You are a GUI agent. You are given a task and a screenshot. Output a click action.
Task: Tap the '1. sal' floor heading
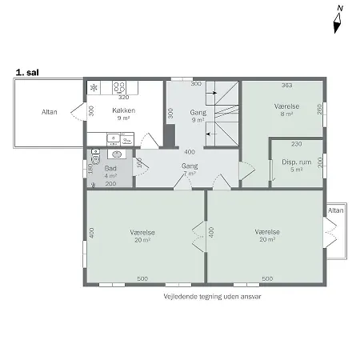click(x=27, y=73)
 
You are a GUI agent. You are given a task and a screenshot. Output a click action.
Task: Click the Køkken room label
click(x=124, y=110)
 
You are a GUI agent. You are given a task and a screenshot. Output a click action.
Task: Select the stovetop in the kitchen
click(x=119, y=87)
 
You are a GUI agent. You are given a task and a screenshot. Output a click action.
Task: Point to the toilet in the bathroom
click(x=95, y=157)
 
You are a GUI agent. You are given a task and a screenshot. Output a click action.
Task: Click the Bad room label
click(x=110, y=168)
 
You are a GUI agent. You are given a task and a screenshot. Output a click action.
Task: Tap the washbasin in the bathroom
click(x=117, y=154)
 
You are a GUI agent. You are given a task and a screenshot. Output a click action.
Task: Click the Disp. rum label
click(x=296, y=162)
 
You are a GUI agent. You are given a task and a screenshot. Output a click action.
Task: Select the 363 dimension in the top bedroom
click(x=287, y=86)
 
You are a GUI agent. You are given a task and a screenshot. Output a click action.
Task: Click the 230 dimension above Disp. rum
click(x=297, y=144)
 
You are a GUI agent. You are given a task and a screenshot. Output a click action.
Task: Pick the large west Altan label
click(x=50, y=112)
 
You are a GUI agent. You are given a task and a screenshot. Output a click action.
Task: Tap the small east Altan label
click(x=336, y=210)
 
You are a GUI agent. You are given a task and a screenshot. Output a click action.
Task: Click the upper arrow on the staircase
click(x=212, y=93)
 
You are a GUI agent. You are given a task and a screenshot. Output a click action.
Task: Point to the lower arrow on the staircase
click(x=212, y=134)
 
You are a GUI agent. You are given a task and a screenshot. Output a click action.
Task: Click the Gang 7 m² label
click(x=190, y=170)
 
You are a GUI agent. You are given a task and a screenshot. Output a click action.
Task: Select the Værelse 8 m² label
click(x=286, y=110)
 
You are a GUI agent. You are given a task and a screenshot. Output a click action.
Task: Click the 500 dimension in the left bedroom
click(x=142, y=278)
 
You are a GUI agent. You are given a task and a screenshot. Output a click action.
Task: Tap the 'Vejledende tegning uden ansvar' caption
click(x=212, y=297)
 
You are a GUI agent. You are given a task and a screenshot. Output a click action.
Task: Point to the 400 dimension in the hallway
click(x=190, y=152)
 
